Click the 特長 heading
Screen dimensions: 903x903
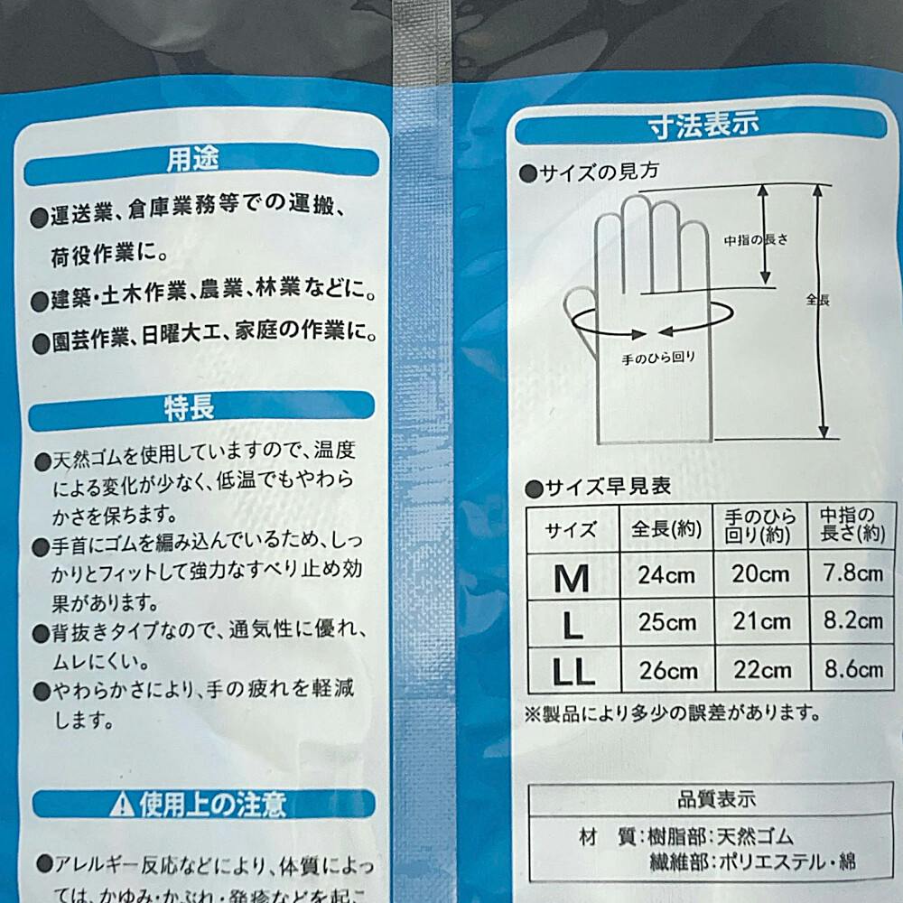189,409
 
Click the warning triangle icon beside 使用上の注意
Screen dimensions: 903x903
123,804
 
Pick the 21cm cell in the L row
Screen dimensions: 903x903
759,622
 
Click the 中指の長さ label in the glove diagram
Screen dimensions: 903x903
756,241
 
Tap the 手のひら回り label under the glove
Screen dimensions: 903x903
658,358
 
